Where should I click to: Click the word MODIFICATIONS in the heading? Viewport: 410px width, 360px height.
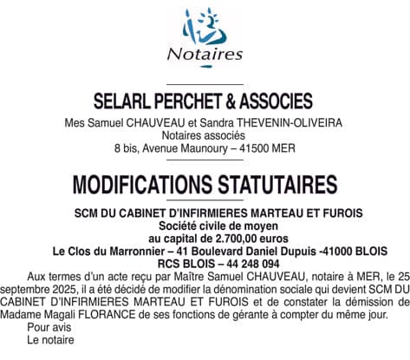click(140, 185)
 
